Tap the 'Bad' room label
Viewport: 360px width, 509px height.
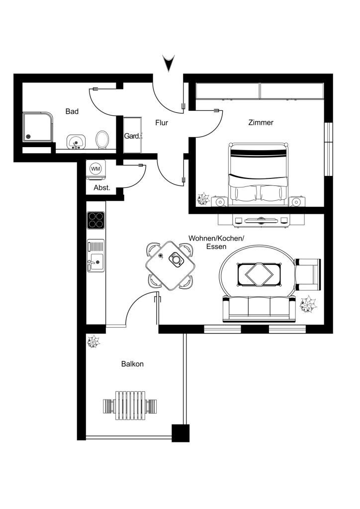(72, 111)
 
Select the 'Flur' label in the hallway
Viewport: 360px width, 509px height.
(161, 123)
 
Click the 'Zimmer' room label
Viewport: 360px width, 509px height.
(261, 122)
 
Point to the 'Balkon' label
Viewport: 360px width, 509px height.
(132, 364)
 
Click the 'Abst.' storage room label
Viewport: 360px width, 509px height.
(102, 187)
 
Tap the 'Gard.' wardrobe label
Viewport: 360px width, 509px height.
(132, 136)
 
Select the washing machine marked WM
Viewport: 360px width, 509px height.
(95, 170)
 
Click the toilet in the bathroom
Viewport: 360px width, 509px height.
(102, 140)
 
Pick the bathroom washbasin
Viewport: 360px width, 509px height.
(76, 142)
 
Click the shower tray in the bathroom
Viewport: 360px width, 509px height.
(37, 127)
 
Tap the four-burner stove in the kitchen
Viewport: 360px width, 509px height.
(96, 220)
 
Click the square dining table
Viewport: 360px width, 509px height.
(171, 265)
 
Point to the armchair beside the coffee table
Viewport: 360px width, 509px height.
(308, 274)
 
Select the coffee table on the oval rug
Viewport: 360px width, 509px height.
(259, 274)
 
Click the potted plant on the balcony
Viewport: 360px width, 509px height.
(93, 342)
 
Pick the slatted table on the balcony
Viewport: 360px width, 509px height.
(130, 406)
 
